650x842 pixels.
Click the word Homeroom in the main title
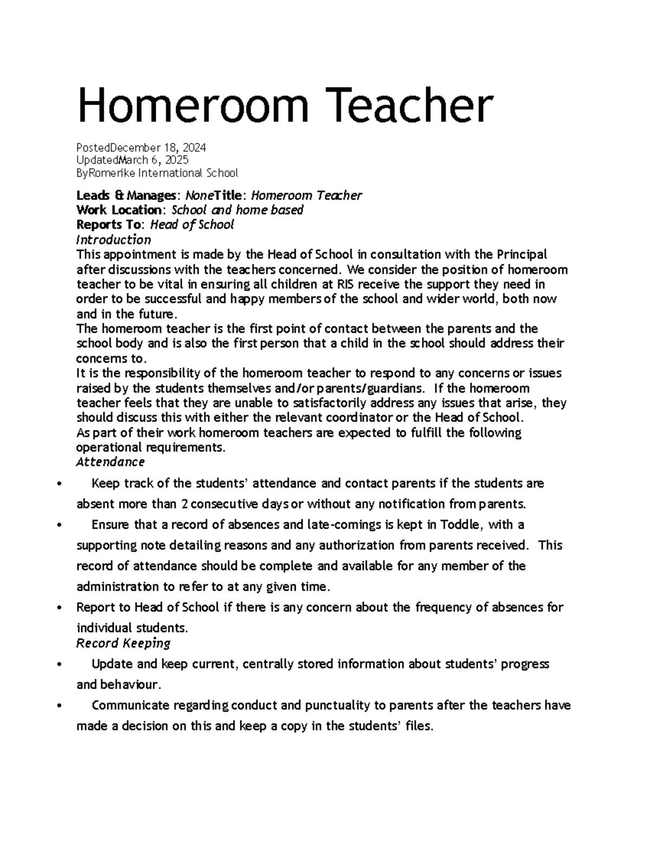[x=193, y=106]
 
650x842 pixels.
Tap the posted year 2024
[x=194, y=147]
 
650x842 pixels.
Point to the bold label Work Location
[x=118, y=210]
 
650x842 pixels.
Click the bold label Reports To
[x=110, y=224]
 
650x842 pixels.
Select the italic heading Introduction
[x=113, y=240]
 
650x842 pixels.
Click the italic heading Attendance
[x=110, y=462]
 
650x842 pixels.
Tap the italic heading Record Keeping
[x=123, y=643]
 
